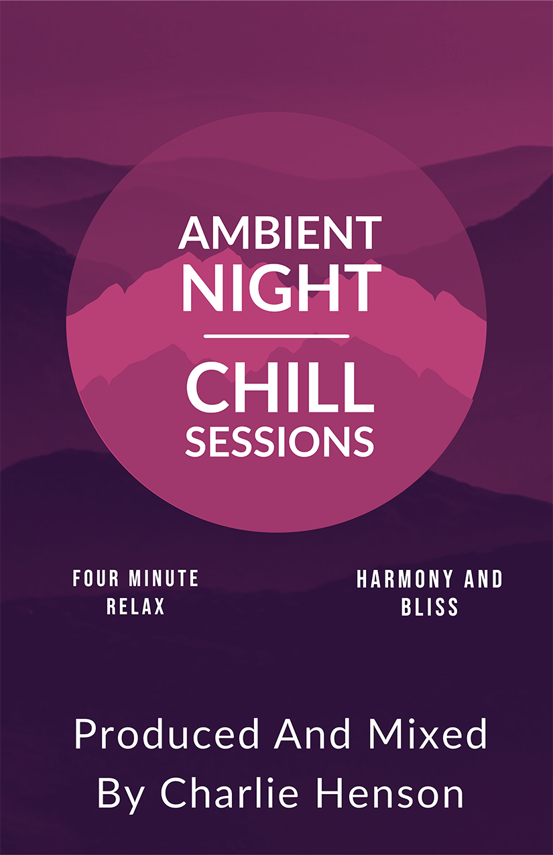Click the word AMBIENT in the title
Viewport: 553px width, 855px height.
(x=280, y=233)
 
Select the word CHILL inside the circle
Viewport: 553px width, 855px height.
(x=280, y=388)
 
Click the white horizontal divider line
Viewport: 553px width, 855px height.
(x=277, y=336)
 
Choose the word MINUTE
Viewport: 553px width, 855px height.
(x=164, y=578)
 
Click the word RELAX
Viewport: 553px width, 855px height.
(x=135, y=606)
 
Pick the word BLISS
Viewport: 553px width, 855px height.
(x=430, y=607)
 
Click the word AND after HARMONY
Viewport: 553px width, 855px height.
(x=483, y=579)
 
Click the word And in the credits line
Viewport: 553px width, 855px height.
(x=312, y=733)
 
